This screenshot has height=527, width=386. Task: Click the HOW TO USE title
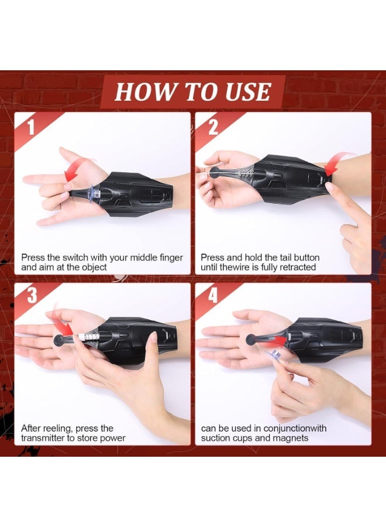(192, 92)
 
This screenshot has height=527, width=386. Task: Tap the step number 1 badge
(30, 126)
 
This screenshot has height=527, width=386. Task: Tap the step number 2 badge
(211, 126)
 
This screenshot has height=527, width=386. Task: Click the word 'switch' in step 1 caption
(78, 258)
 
